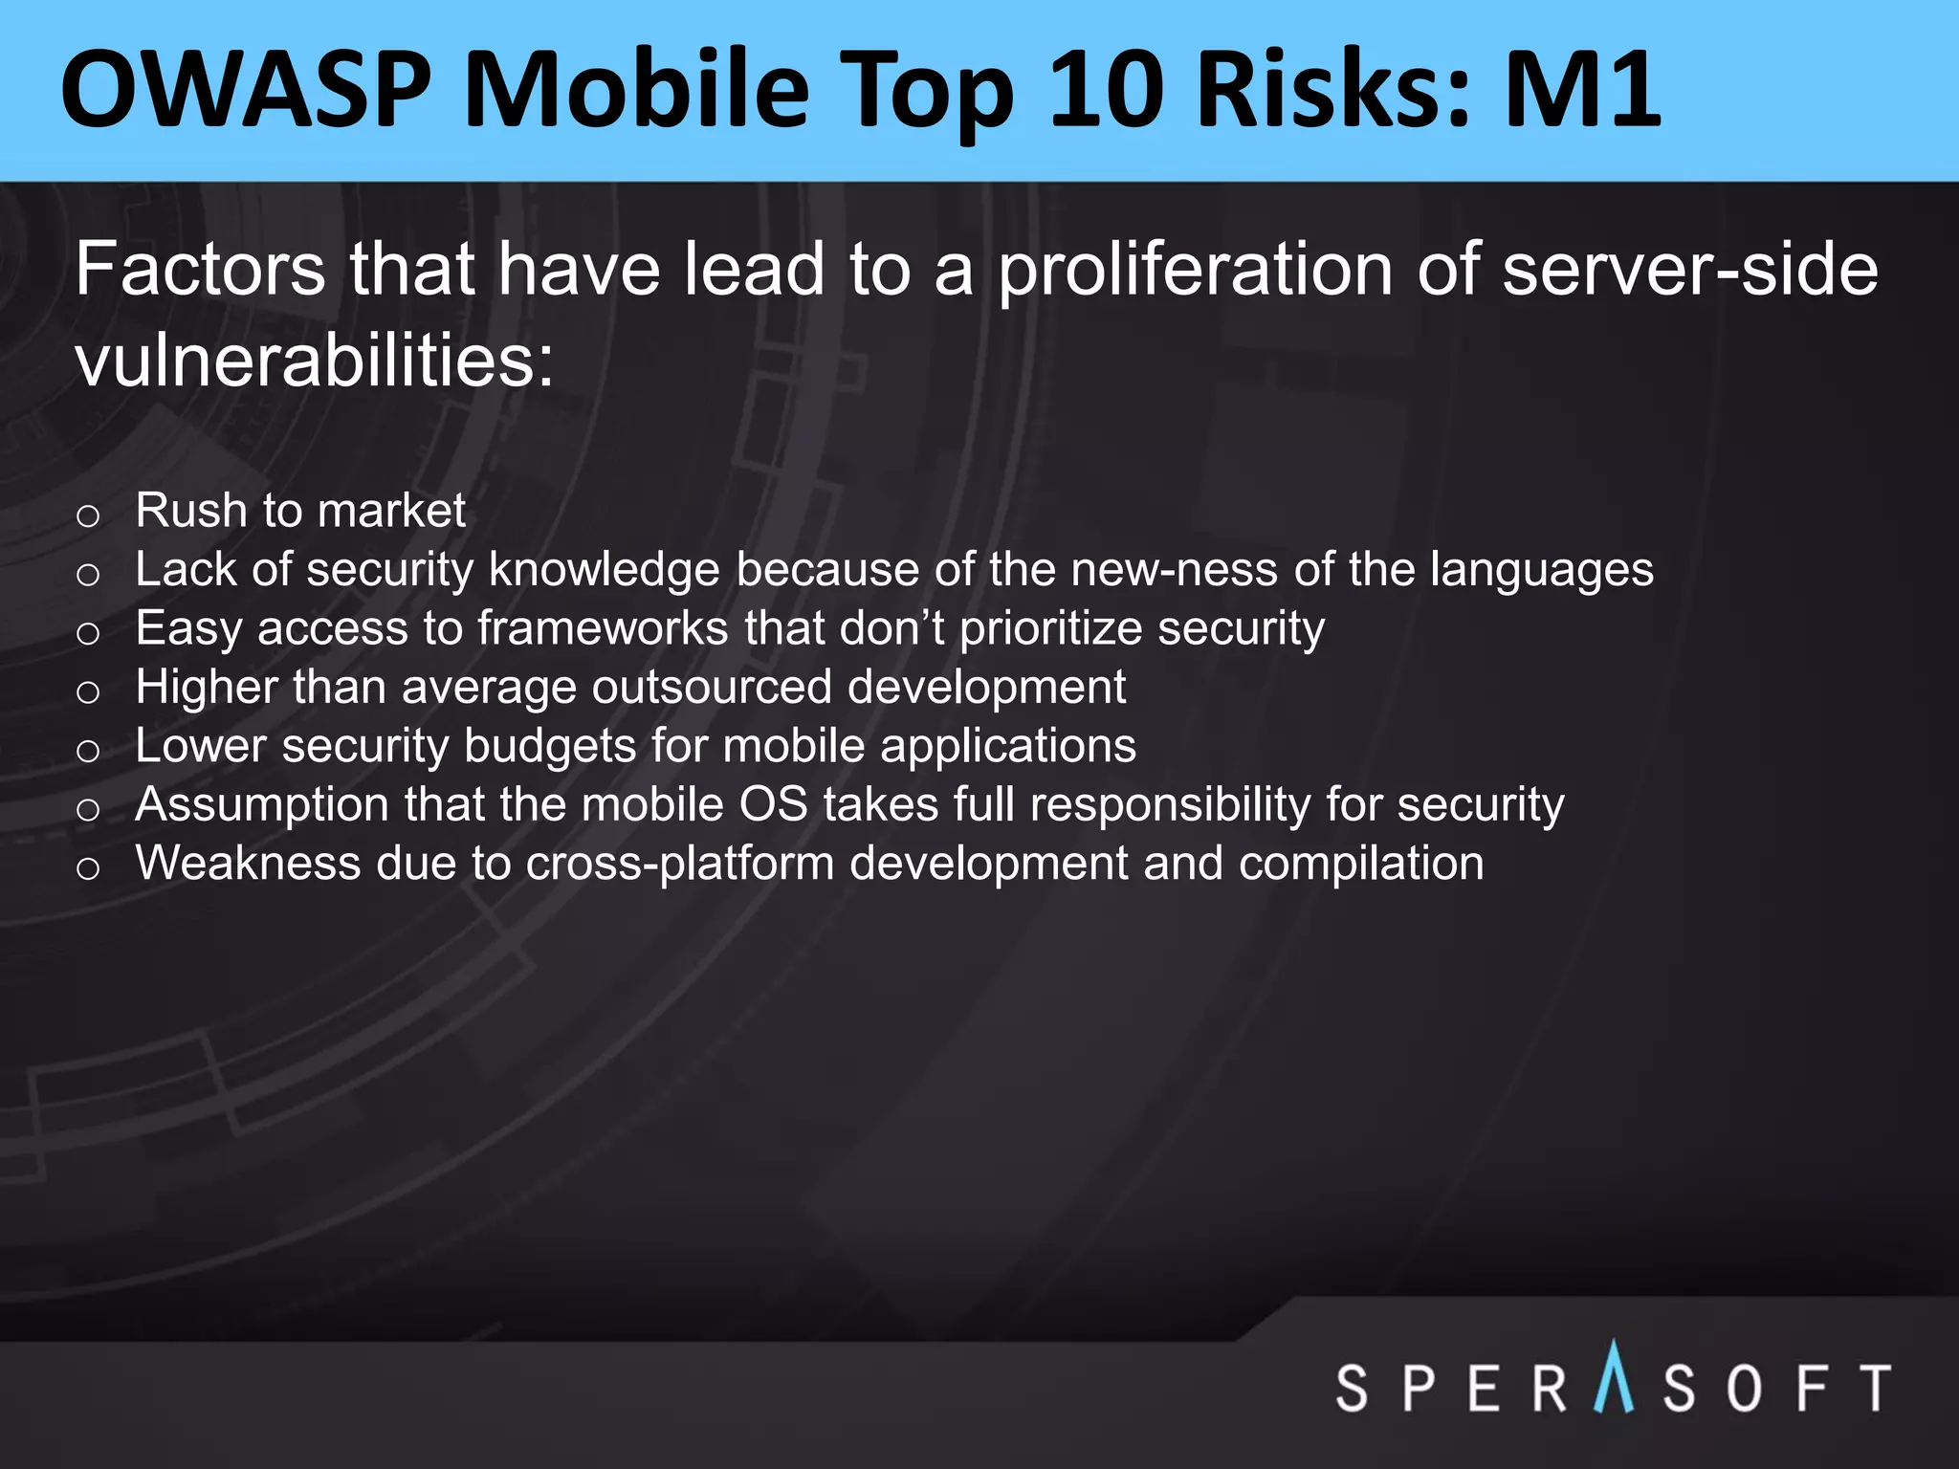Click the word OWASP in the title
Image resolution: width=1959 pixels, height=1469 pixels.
pyautogui.click(x=247, y=90)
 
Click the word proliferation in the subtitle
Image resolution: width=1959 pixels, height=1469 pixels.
pyautogui.click(x=1195, y=272)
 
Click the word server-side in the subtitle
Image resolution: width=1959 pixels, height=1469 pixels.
pyautogui.click(x=1689, y=270)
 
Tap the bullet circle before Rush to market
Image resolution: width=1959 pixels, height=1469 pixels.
pyautogui.click(x=88, y=516)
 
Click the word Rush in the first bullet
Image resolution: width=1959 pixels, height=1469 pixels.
pyautogui.click(x=191, y=510)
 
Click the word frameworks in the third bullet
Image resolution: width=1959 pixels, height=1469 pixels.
pyautogui.click(x=603, y=628)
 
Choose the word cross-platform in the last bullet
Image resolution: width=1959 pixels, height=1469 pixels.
pyautogui.click(x=680, y=865)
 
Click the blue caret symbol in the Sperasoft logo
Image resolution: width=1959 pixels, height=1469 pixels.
pyautogui.click(x=1614, y=1378)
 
